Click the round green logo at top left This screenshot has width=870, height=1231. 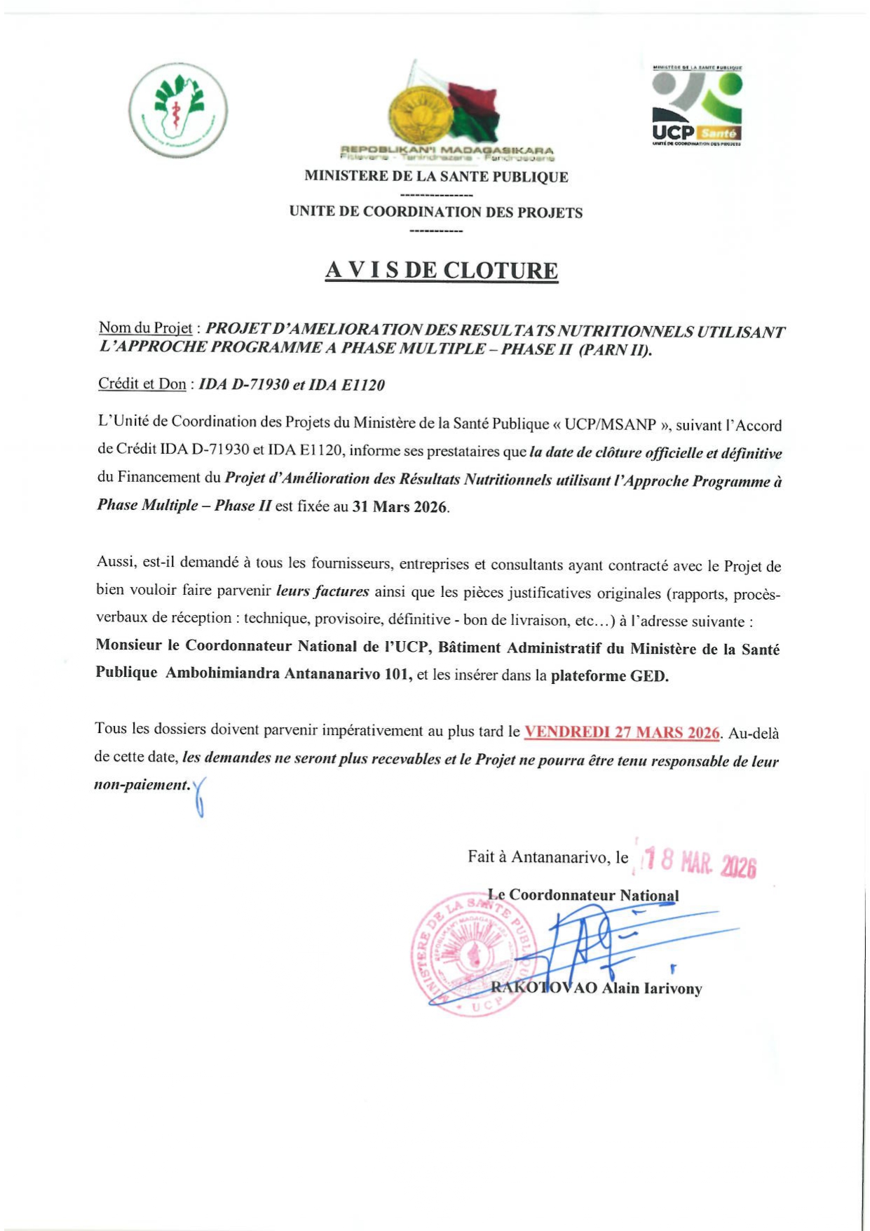click(x=178, y=110)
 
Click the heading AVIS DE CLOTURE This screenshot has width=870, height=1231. click(x=442, y=271)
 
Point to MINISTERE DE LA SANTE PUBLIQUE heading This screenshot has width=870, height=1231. click(x=436, y=177)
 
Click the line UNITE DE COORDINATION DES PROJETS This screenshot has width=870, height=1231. click(x=436, y=213)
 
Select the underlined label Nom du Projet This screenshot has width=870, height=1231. click(x=145, y=328)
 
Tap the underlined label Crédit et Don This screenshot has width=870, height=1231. click(x=142, y=384)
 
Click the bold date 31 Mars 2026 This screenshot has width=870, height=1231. click(x=400, y=506)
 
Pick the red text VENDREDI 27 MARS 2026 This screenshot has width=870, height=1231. click(x=623, y=732)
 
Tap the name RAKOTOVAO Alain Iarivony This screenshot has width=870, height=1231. click(x=597, y=988)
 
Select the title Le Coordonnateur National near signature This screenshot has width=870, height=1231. click(x=583, y=895)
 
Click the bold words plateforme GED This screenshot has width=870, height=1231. click(x=610, y=676)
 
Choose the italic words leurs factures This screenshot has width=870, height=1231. click(x=322, y=591)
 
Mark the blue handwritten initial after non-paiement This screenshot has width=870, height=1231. click(x=200, y=796)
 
